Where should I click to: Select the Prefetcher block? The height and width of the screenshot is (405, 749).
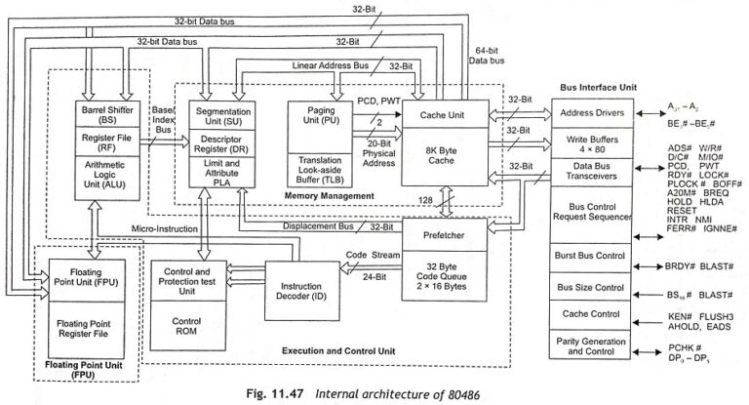coord(450,235)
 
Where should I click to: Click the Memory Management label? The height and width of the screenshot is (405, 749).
coord(328,196)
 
